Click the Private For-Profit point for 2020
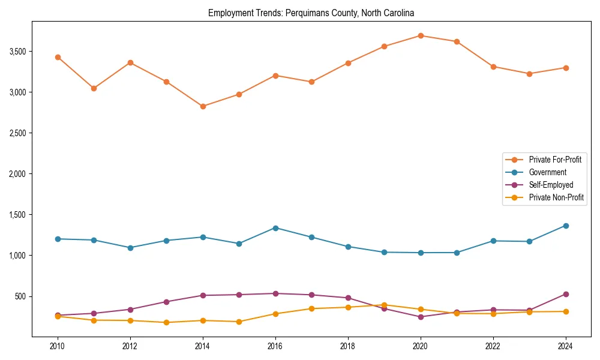(x=421, y=35)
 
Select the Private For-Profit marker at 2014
(x=203, y=106)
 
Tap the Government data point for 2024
(x=566, y=226)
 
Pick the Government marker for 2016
(x=275, y=228)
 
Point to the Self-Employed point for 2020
(x=421, y=317)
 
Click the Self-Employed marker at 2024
(x=566, y=294)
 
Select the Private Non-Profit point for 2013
(x=166, y=322)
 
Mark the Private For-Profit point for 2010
(x=58, y=57)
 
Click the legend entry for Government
(x=547, y=172)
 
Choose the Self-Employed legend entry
(x=551, y=185)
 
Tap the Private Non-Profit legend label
(x=556, y=197)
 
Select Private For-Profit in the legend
(x=555, y=160)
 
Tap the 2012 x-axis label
(x=130, y=346)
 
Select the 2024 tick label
(x=566, y=346)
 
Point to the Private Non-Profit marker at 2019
(x=384, y=305)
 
